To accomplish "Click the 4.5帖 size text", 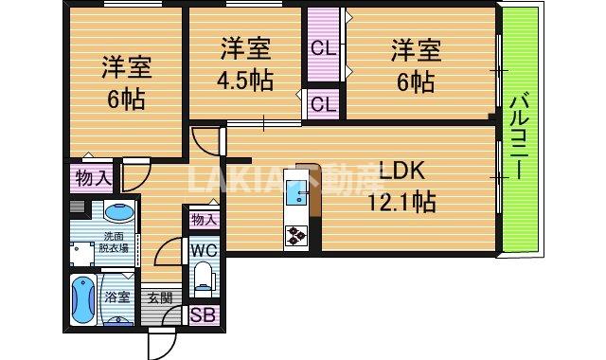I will coord(245,79).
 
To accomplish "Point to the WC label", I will coord(204,251).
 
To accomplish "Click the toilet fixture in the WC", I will coord(204,278).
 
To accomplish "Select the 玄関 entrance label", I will coord(160,297).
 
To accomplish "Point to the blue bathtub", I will coord(80,299).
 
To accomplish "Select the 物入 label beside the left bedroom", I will coord(91,177).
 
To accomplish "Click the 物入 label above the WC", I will coord(204,220).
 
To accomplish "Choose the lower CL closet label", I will coord(322,104).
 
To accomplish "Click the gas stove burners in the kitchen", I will coord(295,235).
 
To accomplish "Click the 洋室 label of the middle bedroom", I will coord(245,46).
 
